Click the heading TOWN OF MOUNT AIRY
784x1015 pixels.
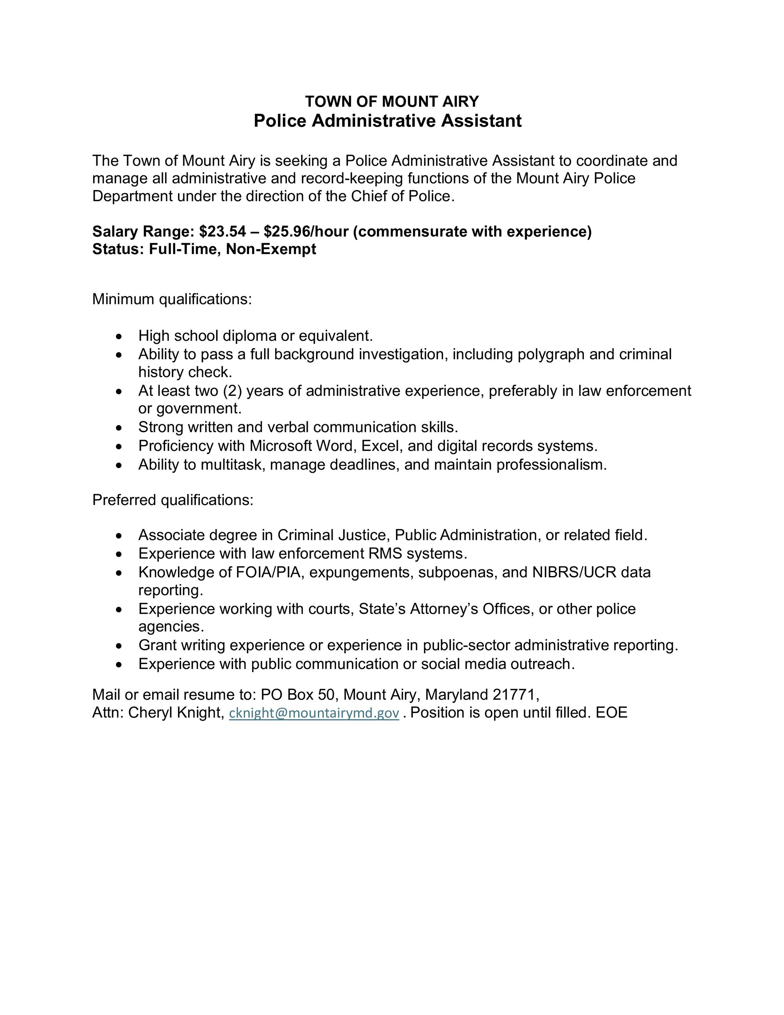pos(391,101)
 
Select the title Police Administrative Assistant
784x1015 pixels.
pos(388,121)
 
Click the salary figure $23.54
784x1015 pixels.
pos(222,231)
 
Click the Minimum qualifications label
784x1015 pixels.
pos(172,299)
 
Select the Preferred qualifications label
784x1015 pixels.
pos(173,500)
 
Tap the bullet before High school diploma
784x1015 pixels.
pos(120,336)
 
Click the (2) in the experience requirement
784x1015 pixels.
pos(232,391)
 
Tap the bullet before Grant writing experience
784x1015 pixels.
pos(120,646)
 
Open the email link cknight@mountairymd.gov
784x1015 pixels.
pos(314,713)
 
